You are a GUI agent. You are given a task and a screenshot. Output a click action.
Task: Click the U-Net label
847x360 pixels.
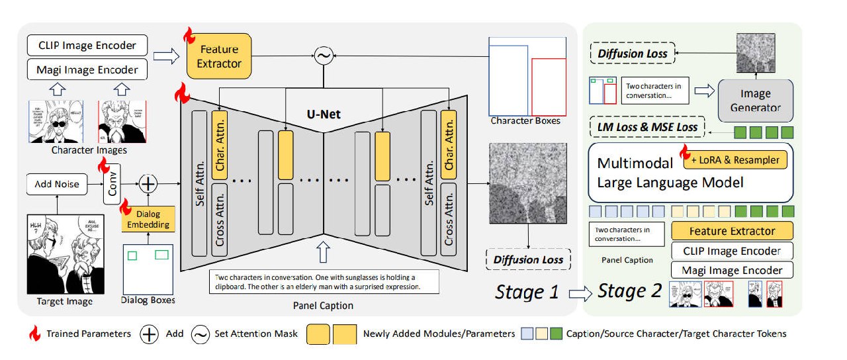(324, 114)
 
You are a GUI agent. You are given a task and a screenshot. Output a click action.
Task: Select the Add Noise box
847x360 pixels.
(58, 184)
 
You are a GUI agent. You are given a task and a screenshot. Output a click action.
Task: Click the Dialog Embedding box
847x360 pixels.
(148, 219)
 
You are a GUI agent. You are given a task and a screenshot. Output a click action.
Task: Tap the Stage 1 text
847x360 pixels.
(527, 291)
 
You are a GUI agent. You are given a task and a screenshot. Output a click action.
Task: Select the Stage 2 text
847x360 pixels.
(629, 291)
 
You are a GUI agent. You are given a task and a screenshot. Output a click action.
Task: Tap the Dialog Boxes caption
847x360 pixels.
(149, 300)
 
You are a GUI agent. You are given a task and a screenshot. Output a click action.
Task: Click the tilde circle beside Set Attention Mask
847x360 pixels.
(201, 334)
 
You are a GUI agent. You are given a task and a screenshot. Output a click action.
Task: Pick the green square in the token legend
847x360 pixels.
(556, 334)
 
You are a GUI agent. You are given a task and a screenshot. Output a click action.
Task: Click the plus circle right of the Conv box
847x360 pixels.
(149, 184)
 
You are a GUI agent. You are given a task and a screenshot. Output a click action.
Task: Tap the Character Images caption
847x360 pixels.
(87, 151)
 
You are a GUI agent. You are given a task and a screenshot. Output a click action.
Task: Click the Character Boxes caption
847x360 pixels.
(525, 120)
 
